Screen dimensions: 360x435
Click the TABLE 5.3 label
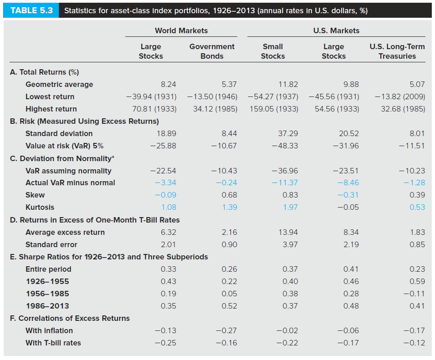coord(31,10)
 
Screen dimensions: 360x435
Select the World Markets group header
coord(181,30)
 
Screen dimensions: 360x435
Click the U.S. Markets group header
coord(336,30)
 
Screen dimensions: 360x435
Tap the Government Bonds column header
coord(212,51)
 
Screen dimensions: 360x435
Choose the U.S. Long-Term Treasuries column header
coord(397,51)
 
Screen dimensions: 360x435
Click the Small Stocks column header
coord(272,51)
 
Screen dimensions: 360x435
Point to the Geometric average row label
coord(59,84)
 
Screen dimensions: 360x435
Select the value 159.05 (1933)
coord(274,109)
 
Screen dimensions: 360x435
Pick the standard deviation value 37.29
coord(288,133)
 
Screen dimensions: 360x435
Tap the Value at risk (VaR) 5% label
coord(64,146)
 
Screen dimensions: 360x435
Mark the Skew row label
coord(35,195)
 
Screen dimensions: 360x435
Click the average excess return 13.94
coord(288,232)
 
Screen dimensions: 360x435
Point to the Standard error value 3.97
coord(290,244)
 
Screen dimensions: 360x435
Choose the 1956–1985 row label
coord(47,294)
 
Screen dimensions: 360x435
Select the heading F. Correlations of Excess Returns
coord(70,318)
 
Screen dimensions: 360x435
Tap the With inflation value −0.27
coord(226,330)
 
